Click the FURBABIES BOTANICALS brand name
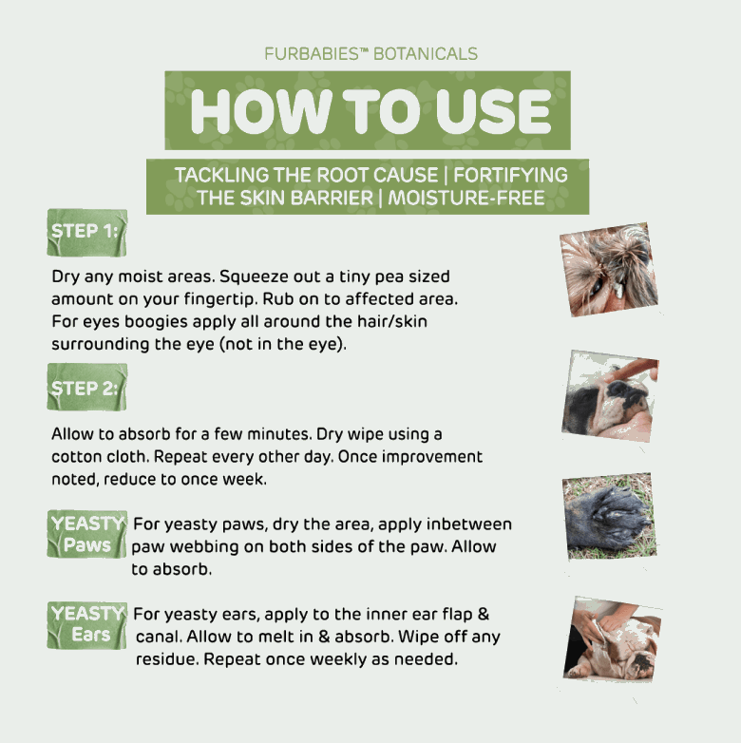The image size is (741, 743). (x=370, y=53)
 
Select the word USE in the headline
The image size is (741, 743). (x=493, y=111)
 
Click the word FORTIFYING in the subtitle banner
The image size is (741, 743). (x=510, y=175)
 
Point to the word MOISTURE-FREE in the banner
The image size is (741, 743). (x=466, y=198)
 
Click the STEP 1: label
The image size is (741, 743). (x=87, y=232)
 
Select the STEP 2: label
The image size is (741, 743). (x=87, y=387)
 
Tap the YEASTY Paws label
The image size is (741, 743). (x=87, y=534)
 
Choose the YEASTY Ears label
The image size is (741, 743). (x=87, y=625)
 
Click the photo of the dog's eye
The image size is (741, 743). (x=609, y=270)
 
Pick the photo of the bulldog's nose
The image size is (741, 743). (x=610, y=396)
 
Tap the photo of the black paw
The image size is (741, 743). (x=610, y=517)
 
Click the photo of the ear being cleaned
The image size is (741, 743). (x=612, y=639)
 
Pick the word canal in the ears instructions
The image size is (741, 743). (x=159, y=637)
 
